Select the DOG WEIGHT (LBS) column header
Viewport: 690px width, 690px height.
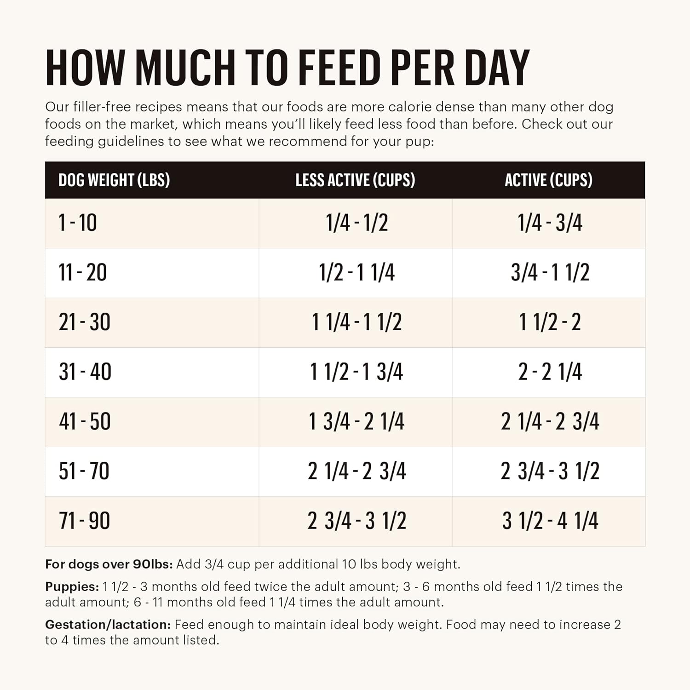(114, 180)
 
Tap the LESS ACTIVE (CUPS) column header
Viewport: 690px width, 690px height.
(355, 180)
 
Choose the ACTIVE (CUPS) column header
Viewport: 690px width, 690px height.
(548, 180)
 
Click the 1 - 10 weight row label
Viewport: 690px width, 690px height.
(78, 223)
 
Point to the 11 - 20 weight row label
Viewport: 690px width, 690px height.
(83, 273)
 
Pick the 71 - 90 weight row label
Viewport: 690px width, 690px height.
(85, 521)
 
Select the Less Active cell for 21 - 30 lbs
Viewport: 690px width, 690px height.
(356, 322)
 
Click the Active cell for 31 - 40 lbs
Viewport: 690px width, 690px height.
(550, 372)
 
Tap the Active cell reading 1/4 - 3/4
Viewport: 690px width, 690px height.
(550, 223)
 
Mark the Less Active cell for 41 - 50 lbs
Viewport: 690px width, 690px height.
(356, 421)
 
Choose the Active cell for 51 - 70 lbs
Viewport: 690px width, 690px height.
(550, 471)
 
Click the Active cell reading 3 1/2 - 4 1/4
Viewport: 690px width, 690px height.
(550, 521)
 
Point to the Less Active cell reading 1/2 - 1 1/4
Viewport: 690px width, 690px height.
(356, 273)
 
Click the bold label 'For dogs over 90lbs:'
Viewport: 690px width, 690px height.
(109, 564)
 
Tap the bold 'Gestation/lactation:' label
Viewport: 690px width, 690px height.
(108, 625)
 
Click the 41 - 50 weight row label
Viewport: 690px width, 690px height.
(85, 421)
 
